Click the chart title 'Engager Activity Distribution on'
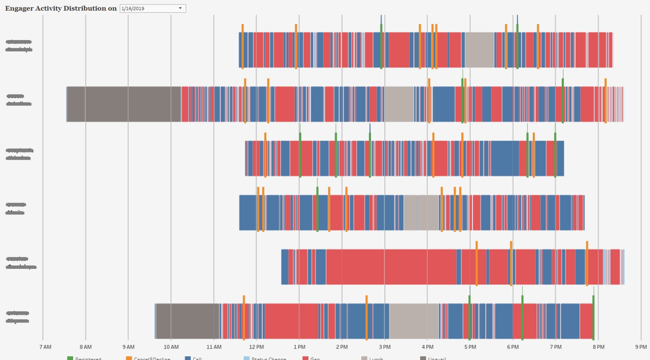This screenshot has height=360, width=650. [x=61, y=8]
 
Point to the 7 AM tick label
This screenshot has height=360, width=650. [x=45, y=347]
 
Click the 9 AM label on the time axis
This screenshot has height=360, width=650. [x=129, y=347]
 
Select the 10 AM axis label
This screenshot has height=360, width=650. [x=171, y=347]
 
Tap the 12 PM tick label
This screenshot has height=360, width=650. [x=257, y=347]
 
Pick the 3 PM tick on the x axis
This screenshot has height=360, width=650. [x=385, y=347]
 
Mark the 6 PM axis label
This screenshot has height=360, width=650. [x=513, y=347]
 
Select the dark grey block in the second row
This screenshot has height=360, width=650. [x=124, y=104]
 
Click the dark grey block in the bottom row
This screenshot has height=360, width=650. [x=188, y=321]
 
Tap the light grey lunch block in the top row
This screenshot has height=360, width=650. [x=479, y=50]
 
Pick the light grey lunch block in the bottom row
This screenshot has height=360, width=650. [x=414, y=321]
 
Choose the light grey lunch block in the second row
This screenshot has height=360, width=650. [x=399, y=104]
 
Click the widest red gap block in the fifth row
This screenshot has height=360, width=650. [x=391, y=267]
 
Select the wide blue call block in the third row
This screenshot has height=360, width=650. [x=505, y=159]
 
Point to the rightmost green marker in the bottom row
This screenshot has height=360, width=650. [x=593, y=317]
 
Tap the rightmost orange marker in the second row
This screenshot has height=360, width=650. [x=605, y=101]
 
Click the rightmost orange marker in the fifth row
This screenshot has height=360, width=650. [x=587, y=263]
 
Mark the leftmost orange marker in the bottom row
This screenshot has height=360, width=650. [x=244, y=318]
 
